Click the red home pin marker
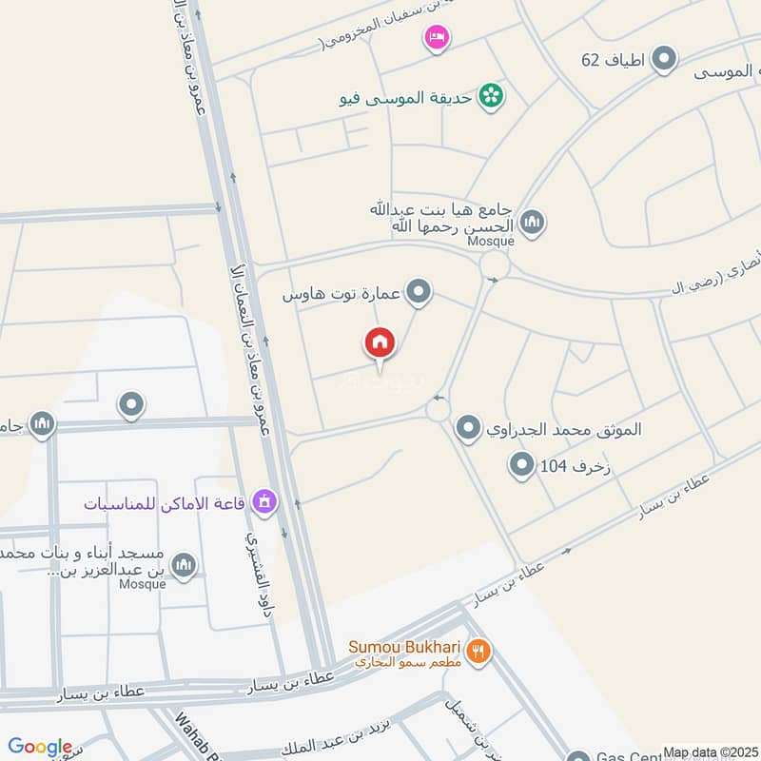[x=379, y=343]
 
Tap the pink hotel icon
[x=437, y=38]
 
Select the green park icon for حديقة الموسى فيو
[x=491, y=95]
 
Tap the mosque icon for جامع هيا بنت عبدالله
[x=533, y=222]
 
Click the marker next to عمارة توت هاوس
[x=418, y=293]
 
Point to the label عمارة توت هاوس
[x=341, y=296]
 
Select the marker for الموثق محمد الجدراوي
[x=467, y=429]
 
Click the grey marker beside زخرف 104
[x=521, y=466]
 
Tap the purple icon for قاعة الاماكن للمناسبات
[x=265, y=499]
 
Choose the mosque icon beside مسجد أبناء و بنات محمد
[x=185, y=565]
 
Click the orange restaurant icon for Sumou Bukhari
[x=480, y=653]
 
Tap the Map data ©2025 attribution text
[x=709, y=752]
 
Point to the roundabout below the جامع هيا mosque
[x=495, y=263]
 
